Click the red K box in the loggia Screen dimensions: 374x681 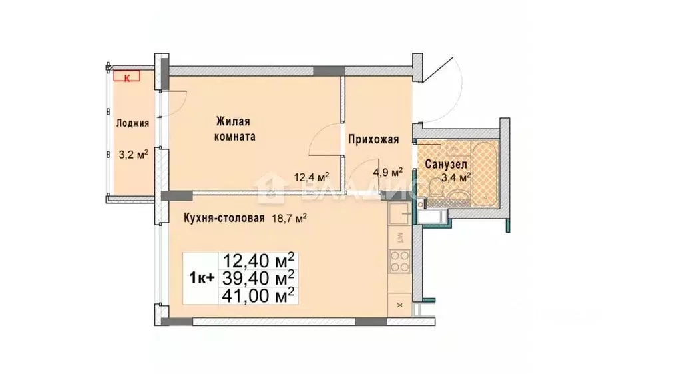(126, 77)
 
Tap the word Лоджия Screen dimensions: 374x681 (132, 123)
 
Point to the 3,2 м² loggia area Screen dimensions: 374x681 (132, 155)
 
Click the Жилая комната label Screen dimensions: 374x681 (234, 129)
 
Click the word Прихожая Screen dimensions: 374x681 (374, 139)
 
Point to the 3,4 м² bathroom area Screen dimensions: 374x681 (456, 177)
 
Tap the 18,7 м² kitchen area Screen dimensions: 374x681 (289, 217)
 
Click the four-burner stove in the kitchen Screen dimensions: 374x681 (399, 261)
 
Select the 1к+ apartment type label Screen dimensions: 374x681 (202, 279)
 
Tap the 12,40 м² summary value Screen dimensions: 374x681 (260, 259)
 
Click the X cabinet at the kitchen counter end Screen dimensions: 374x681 (399, 305)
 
